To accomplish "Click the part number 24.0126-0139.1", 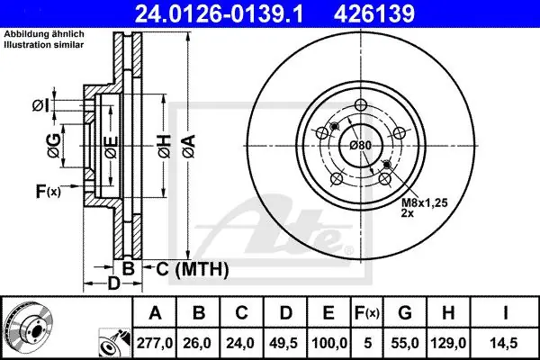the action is pyautogui.click(x=219, y=13).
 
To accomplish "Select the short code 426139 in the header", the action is pyautogui.click(x=374, y=13).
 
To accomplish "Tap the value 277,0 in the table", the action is pyautogui.click(x=155, y=343).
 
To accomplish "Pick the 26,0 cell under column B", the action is pyautogui.click(x=198, y=343).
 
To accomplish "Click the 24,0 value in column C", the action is pyautogui.click(x=241, y=343).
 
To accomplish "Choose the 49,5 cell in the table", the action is pyautogui.click(x=284, y=343).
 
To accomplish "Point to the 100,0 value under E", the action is pyautogui.click(x=328, y=343).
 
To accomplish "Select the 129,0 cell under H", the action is pyautogui.click(x=448, y=343).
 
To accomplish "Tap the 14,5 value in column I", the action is pyautogui.click(x=505, y=343).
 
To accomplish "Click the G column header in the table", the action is pyautogui.click(x=405, y=313).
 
